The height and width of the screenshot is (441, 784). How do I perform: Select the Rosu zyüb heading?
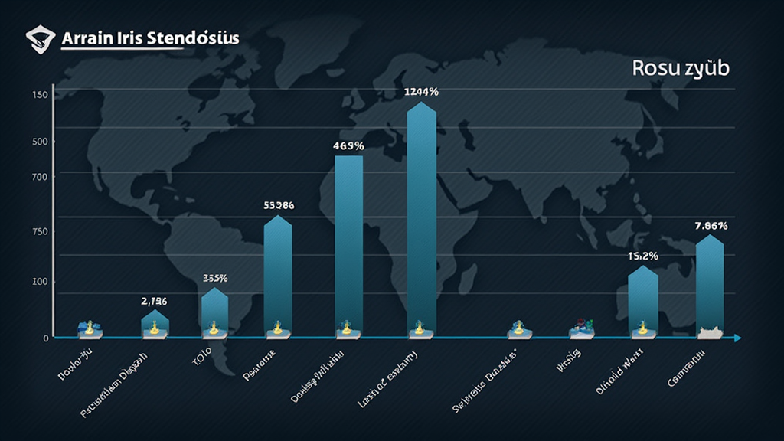tap(681, 67)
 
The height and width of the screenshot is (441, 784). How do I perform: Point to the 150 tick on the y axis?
tap(40, 95)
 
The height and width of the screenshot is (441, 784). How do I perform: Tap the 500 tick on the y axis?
tap(40, 142)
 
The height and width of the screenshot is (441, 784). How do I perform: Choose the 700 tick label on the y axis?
tap(40, 177)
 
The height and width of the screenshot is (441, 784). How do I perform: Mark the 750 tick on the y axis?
tap(40, 232)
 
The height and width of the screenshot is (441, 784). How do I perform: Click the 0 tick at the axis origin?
tap(46, 338)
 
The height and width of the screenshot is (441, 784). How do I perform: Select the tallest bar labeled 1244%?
tap(422, 218)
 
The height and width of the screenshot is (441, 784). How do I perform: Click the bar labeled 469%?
tap(349, 243)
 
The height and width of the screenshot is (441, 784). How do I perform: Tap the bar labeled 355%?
tap(214, 310)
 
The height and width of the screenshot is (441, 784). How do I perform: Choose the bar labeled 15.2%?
tap(643, 299)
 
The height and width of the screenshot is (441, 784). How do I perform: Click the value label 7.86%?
tap(711, 226)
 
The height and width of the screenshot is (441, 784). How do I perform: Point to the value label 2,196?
tap(155, 301)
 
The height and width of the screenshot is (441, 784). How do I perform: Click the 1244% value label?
tap(421, 92)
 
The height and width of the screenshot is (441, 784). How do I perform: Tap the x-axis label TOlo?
tap(202, 354)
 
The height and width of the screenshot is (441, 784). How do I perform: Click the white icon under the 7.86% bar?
tap(710, 332)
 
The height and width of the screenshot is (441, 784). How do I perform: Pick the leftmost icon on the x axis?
tap(90, 329)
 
